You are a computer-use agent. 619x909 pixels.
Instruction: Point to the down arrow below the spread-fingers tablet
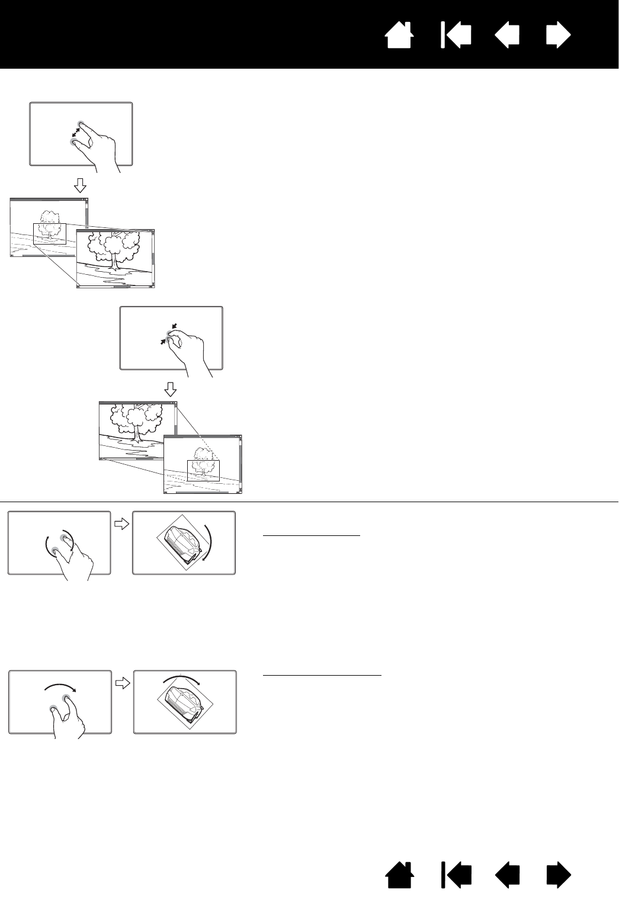(80, 187)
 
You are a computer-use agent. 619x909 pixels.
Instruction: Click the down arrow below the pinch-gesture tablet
(171, 389)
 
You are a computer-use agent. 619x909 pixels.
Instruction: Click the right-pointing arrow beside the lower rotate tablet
(122, 683)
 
